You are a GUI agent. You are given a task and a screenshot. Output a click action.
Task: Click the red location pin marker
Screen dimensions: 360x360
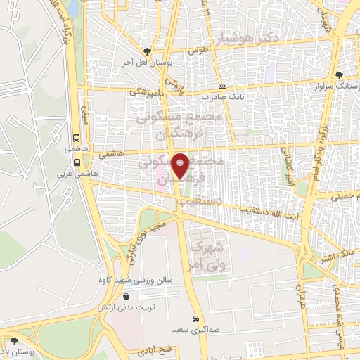click(x=181, y=166)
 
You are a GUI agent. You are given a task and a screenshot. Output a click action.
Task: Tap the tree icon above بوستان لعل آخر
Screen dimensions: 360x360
click(x=146, y=51)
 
